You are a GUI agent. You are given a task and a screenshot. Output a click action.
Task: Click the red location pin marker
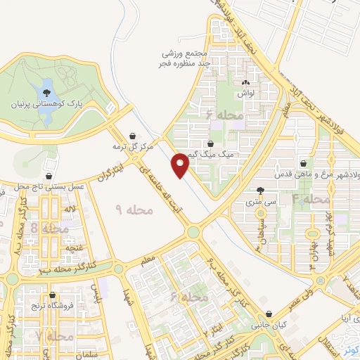tap(181, 164)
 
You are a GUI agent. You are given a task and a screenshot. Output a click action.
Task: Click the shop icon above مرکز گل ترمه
tap(133, 136)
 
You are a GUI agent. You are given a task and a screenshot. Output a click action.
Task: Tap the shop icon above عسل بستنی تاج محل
tap(49, 176)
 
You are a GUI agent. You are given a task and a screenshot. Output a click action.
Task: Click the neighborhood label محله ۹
tap(129, 209)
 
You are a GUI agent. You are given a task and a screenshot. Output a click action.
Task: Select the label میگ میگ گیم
tap(201, 153)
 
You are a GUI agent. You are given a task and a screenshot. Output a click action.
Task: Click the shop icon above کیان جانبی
tap(268, 315)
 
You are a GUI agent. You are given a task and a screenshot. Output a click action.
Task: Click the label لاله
tap(69, 209)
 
